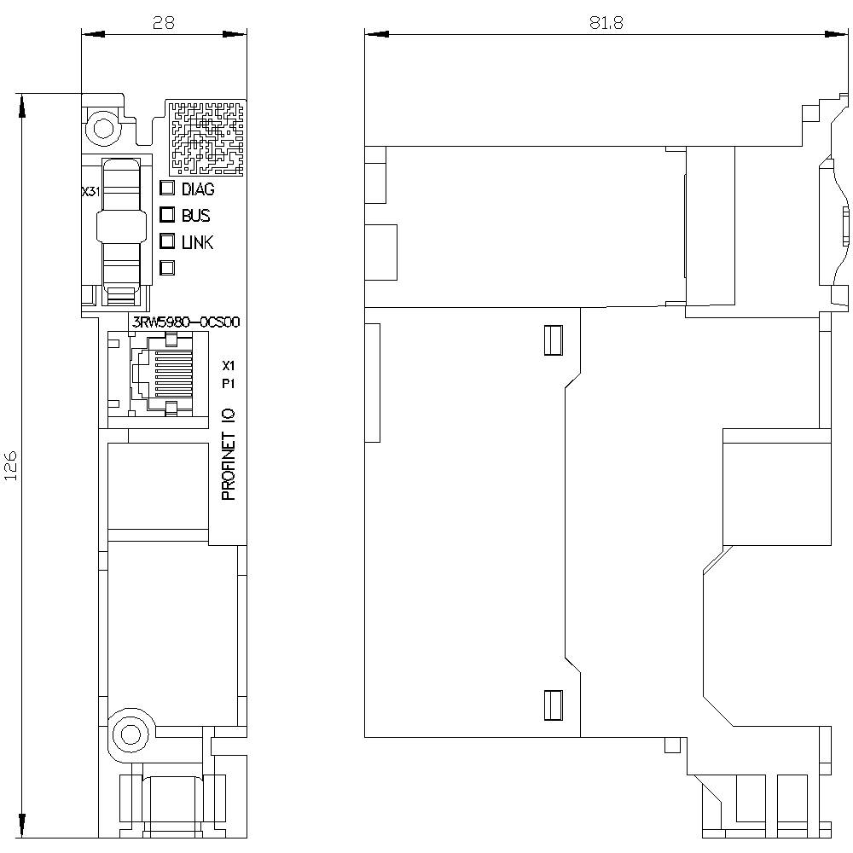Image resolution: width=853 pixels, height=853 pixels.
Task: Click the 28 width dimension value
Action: (163, 23)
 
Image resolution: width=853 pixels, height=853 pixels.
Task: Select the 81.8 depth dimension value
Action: (606, 23)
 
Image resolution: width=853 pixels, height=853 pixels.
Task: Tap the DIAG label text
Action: (198, 189)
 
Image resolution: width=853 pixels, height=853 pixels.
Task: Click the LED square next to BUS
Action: (167, 215)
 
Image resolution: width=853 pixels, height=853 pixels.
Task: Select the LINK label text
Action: (197, 242)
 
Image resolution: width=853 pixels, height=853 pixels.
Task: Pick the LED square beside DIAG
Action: (167, 189)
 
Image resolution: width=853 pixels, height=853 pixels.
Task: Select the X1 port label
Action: (228, 365)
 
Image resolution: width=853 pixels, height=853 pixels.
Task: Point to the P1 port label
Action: (228, 384)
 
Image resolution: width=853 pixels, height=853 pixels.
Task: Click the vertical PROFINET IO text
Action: (229, 454)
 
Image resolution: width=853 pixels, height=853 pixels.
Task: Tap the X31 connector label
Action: (90, 193)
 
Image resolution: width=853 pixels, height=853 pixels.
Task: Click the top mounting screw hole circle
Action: (102, 129)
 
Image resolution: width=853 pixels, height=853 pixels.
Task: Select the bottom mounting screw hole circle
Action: (130, 734)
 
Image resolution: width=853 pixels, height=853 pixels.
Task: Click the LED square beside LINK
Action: (167, 241)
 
